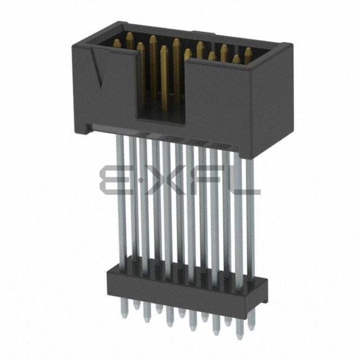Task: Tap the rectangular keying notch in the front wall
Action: (x=161, y=89)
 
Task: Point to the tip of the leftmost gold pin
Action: (x=117, y=42)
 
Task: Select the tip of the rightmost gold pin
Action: (x=248, y=50)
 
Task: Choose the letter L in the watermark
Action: (x=241, y=180)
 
